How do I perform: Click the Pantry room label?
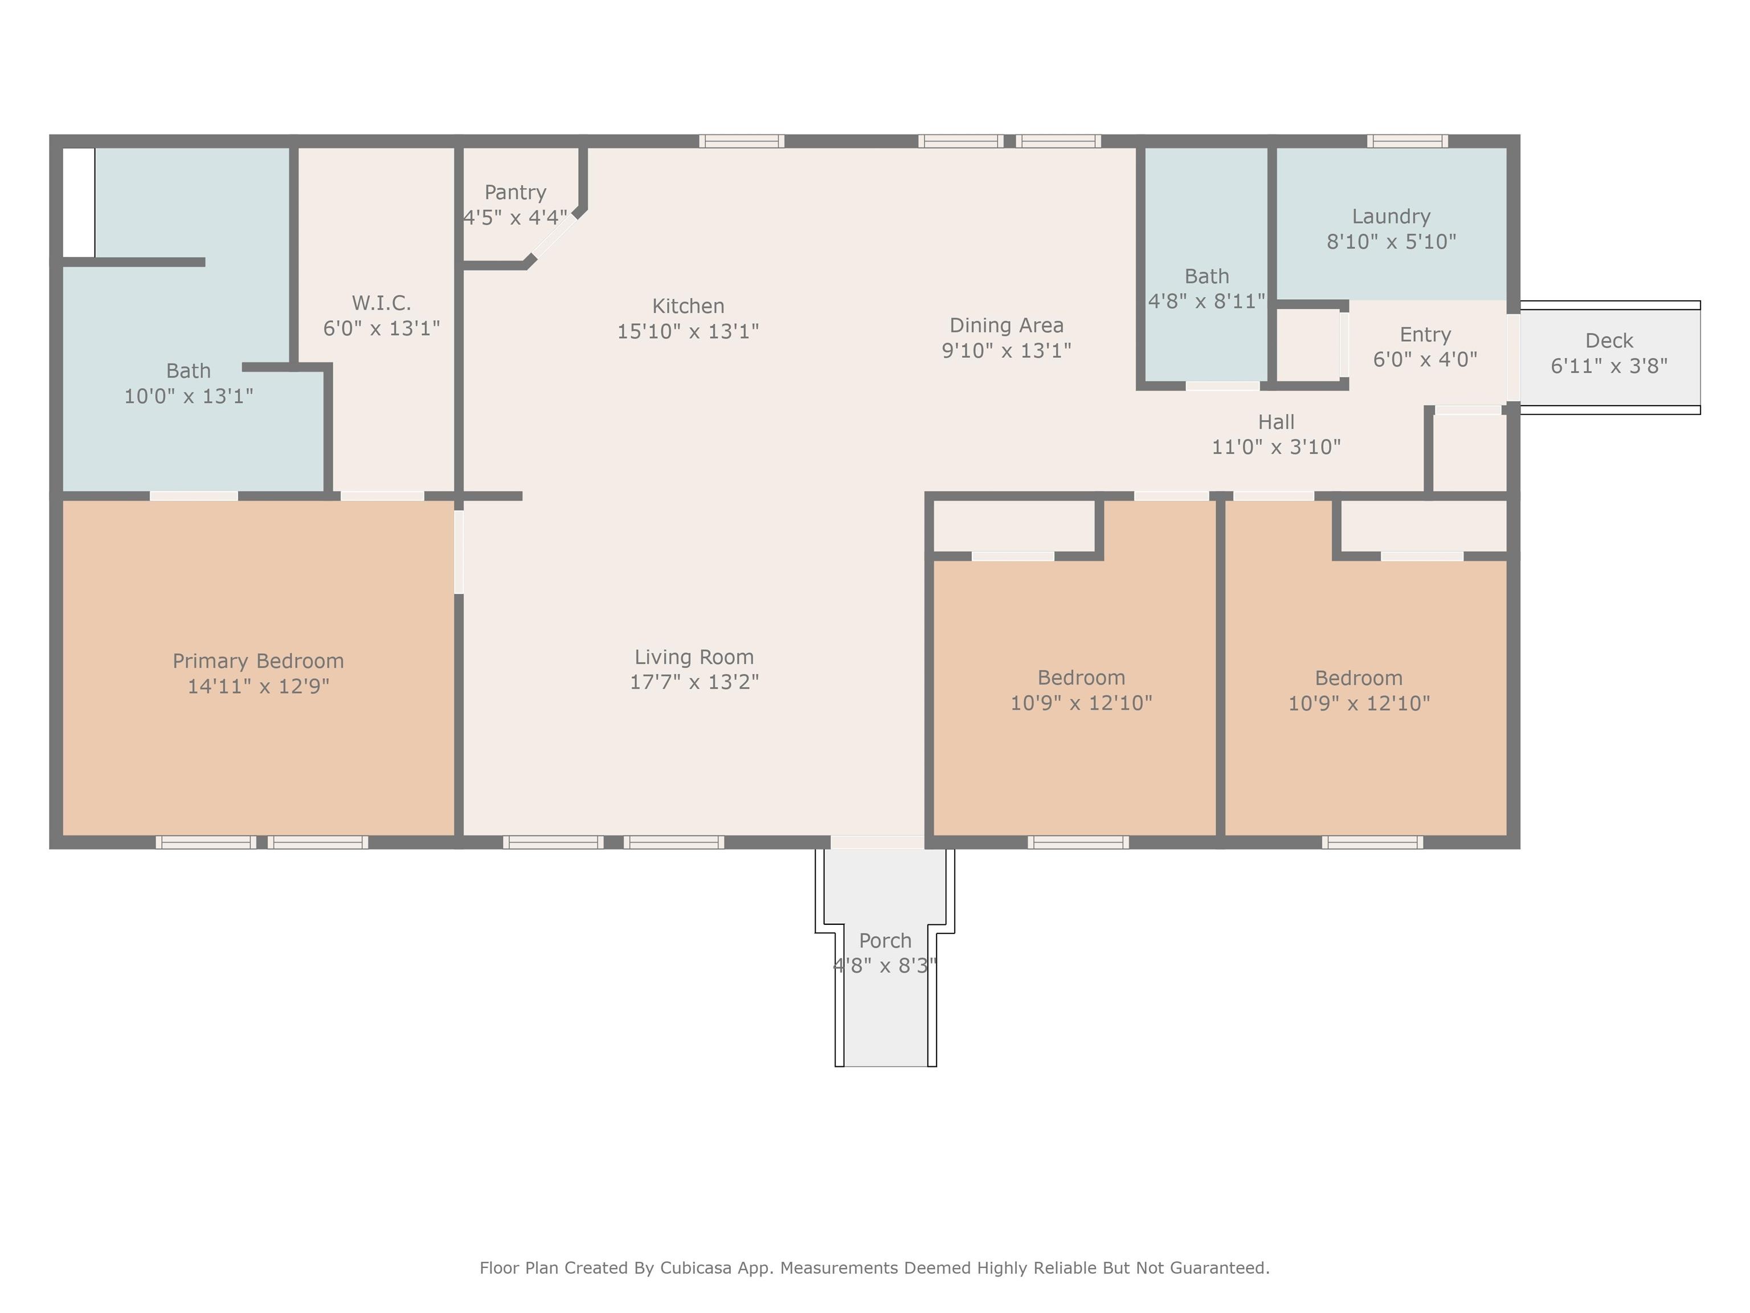(x=515, y=192)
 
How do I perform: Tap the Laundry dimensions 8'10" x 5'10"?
(x=1391, y=242)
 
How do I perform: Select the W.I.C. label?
(x=381, y=303)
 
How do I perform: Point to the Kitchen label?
(x=688, y=306)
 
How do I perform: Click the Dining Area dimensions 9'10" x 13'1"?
(x=1007, y=350)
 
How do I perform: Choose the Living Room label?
(x=694, y=657)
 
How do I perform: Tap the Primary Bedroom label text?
(x=258, y=661)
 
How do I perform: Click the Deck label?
(x=1609, y=341)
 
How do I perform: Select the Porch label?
(x=885, y=941)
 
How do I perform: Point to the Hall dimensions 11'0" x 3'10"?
(x=1276, y=447)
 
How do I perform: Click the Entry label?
(x=1425, y=335)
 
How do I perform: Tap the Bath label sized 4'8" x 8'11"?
(x=1207, y=276)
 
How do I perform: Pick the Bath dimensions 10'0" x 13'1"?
(x=189, y=395)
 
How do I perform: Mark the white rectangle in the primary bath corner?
(x=78, y=203)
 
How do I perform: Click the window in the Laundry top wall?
(x=1408, y=141)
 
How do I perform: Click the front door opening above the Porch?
(x=877, y=842)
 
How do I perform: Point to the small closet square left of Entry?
(x=1309, y=345)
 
